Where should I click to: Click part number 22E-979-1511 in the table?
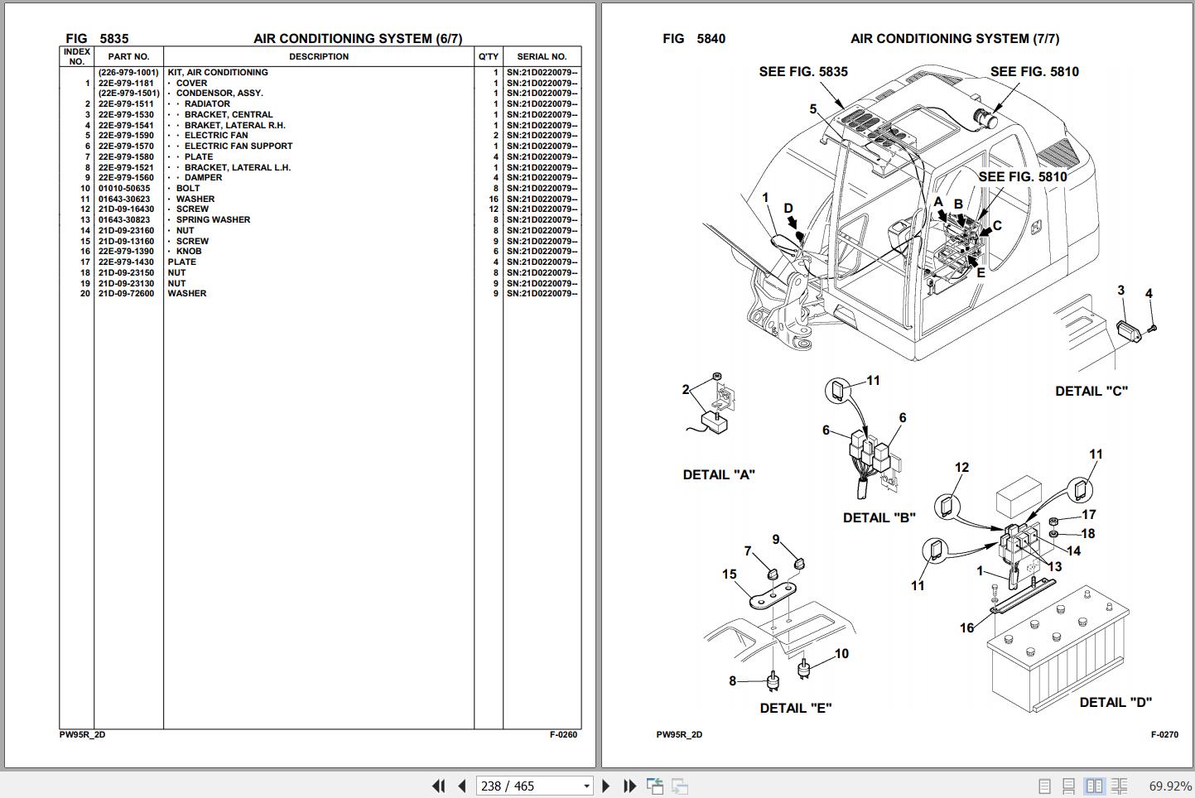point(126,104)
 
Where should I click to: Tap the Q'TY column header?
point(489,57)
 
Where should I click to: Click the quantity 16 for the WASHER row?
point(494,199)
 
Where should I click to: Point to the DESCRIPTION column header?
point(319,57)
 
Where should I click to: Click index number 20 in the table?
point(85,294)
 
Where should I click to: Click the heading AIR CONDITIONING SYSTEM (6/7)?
point(358,39)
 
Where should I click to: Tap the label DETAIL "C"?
point(1091,391)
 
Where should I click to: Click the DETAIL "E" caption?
point(795,708)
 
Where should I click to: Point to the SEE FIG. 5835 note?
point(803,72)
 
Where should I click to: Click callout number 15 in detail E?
point(729,574)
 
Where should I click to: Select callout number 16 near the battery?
point(966,627)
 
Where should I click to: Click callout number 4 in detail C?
point(1149,294)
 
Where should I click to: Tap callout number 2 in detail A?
point(686,389)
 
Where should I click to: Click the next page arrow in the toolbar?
point(605,786)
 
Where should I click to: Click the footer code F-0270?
point(1164,734)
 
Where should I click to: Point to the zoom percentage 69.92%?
point(1170,786)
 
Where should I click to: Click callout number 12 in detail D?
point(961,468)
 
